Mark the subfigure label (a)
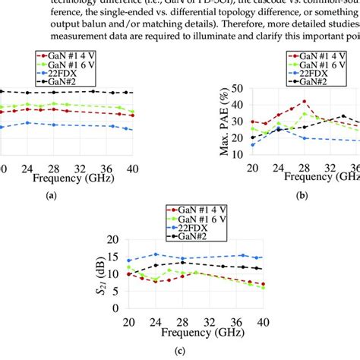tap(52, 195)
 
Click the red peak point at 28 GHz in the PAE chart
tap(305, 101)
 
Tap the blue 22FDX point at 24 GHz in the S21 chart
tap(156, 254)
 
